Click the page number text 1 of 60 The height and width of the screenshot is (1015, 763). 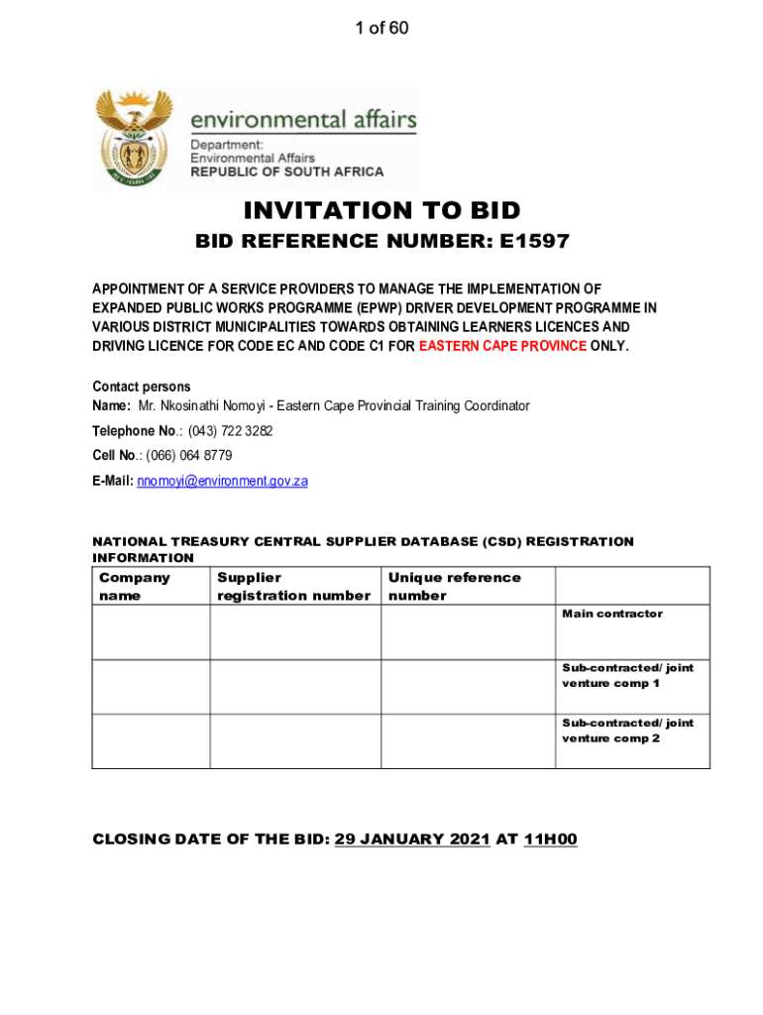[x=381, y=29]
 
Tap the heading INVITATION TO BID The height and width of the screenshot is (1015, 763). [x=381, y=210]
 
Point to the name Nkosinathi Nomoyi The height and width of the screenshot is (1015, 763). [x=206, y=406]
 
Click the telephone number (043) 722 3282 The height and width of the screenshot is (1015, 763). [x=231, y=431]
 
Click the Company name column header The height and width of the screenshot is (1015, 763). [x=135, y=586]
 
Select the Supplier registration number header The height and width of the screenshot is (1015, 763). [x=293, y=586]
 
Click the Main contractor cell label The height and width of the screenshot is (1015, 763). [x=612, y=614]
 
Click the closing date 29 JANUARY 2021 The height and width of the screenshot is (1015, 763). [x=412, y=840]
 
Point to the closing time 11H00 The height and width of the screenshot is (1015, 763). [x=550, y=840]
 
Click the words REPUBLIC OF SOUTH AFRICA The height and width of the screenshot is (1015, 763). [x=286, y=171]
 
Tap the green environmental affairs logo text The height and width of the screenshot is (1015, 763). [x=303, y=121]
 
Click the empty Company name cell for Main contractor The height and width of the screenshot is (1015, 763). [x=151, y=632]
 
